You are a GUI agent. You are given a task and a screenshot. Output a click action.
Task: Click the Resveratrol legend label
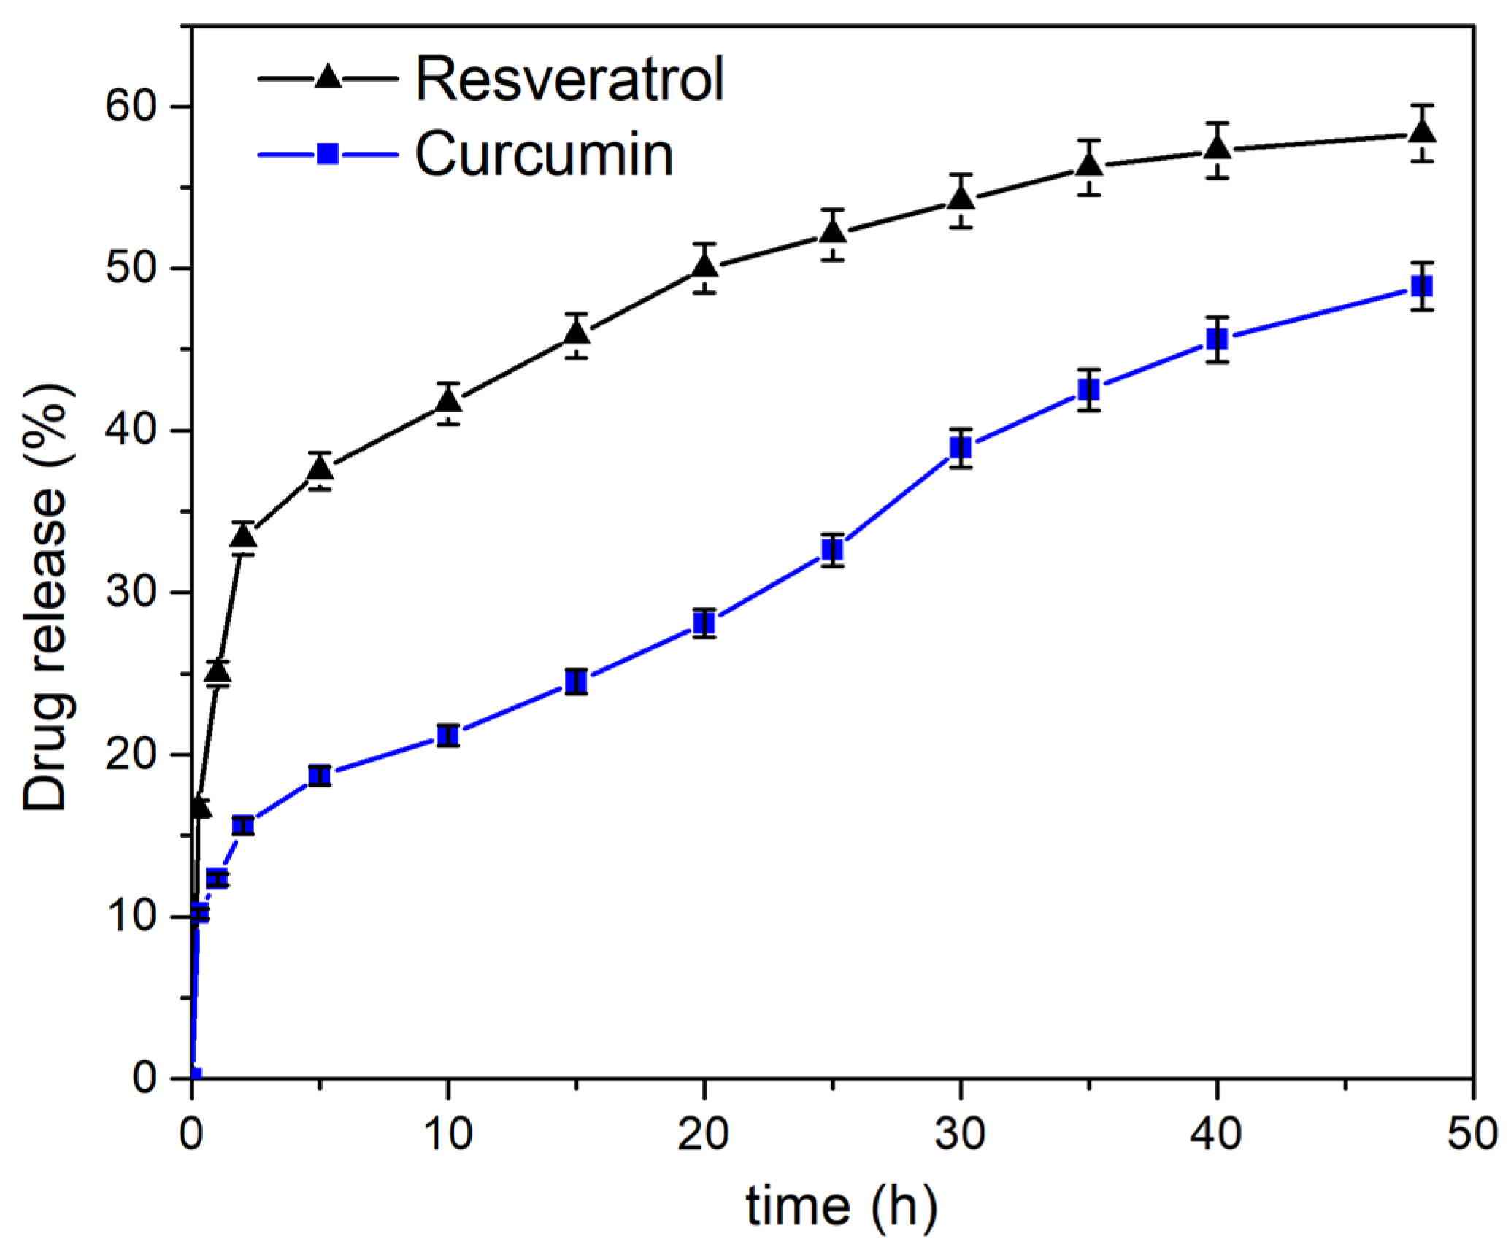pyautogui.click(x=569, y=79)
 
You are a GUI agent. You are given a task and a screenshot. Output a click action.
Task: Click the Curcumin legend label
pyautogui.click(x=544, y=154)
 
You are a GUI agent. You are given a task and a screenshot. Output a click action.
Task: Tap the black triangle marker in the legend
pyautogui.click(x=328, y=76)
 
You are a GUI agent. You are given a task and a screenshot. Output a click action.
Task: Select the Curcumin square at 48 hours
pyautogui.click(x=1422, y=286)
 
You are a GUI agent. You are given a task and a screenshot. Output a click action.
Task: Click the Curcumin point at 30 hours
pyautogui.click(x=961, y=447)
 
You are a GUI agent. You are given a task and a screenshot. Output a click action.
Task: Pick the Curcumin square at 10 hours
pyautogui.click(x=448, y=735)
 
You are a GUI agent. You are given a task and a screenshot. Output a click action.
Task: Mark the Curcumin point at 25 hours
pyautogui.click(x=832, y=549)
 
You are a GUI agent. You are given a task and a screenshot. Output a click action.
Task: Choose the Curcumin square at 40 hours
pyautogui.click(x=1217, y=339)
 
